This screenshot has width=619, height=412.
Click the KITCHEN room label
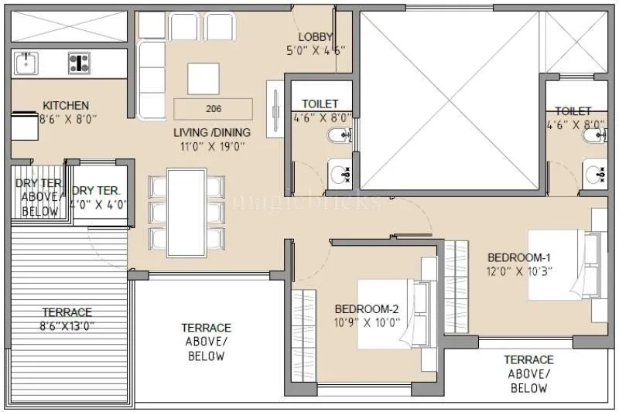(x=65, y=105)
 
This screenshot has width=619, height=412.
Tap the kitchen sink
(x=26, y=62)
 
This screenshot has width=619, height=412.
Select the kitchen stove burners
(x=79, y=62)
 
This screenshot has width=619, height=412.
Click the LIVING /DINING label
(x=212, y=132)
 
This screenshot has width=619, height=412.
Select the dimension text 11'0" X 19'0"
(x=212, y=145)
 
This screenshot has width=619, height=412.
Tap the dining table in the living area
(x=187, y=213)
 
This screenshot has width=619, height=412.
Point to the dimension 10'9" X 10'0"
(x=368, y=323)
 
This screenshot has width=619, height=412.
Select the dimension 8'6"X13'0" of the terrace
(x=67, y=325)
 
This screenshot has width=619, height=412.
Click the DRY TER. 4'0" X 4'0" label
(x=96, y=198)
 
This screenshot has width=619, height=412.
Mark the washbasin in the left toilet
(x=339, y=174)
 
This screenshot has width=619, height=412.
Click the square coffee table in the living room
(x=203, y=77)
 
